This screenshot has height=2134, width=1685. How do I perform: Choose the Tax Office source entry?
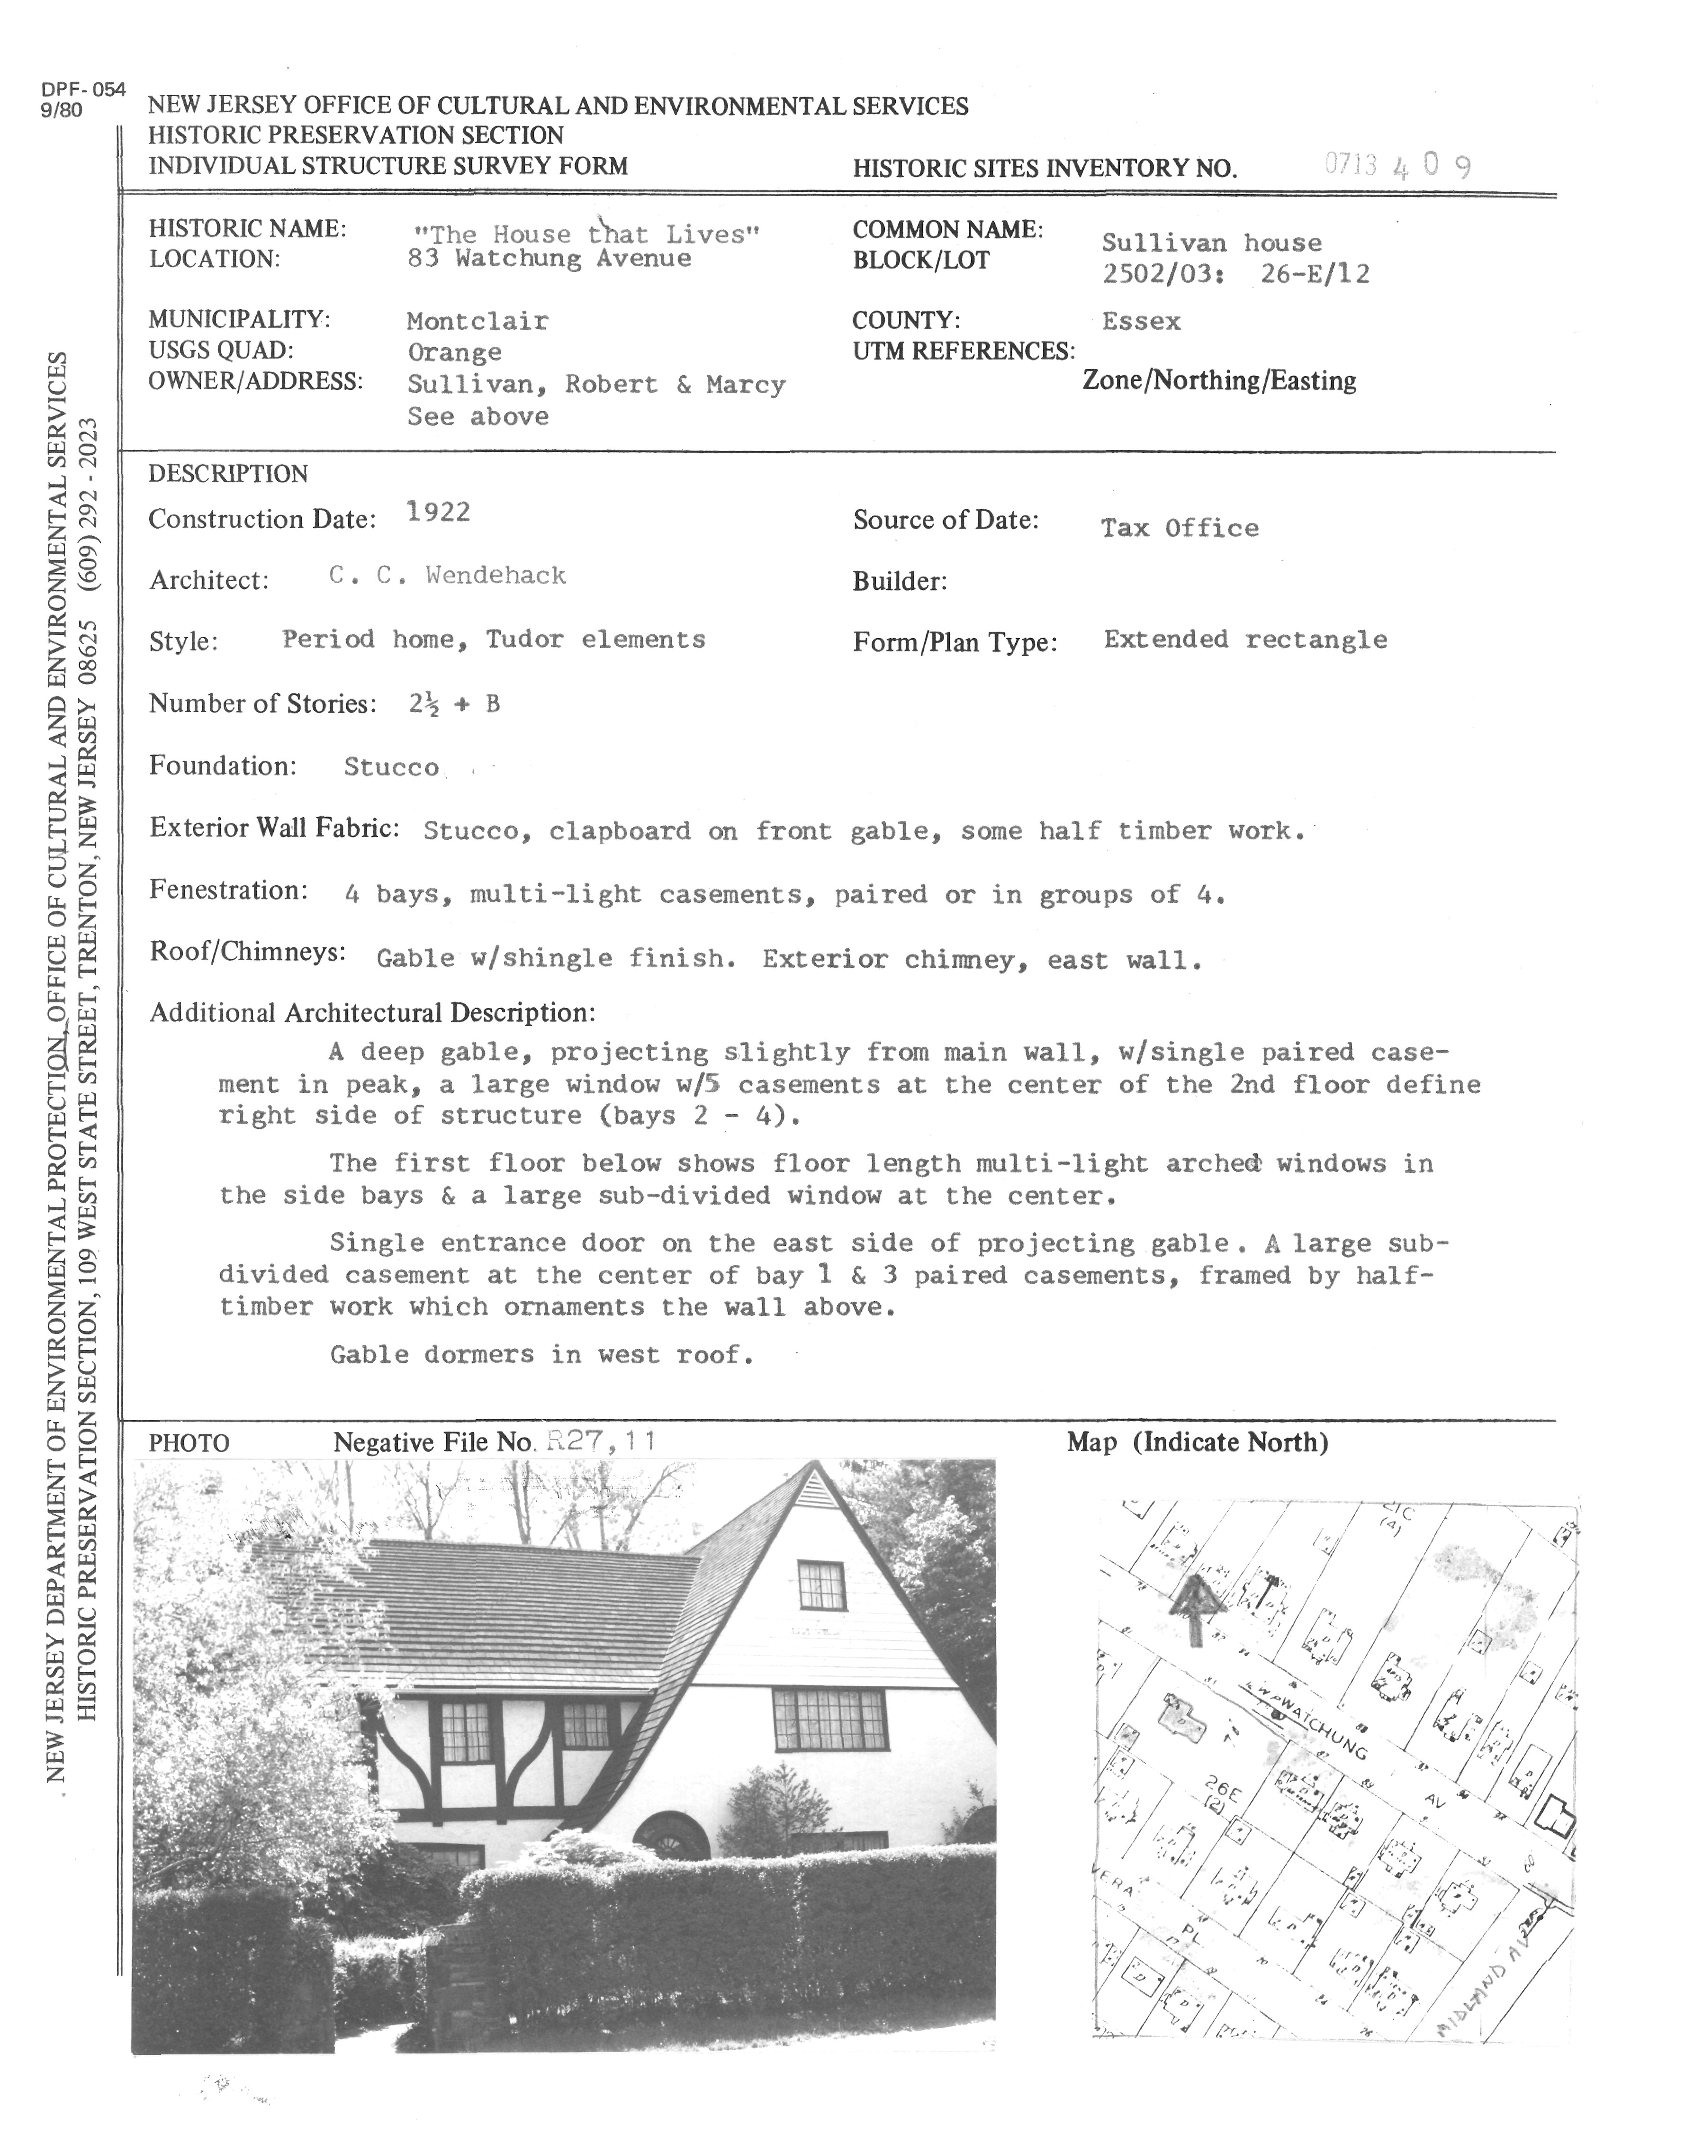[x=1180, y=528]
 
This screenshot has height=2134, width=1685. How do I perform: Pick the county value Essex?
[x=1142, y=321]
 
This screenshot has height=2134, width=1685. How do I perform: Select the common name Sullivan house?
[x=1211, y=243]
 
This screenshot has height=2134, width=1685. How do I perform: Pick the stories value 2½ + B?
[x=454, y=703]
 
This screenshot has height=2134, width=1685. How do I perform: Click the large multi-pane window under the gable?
[x=829, y=1719]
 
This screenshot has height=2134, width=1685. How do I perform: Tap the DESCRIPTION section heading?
[x=228, y=474]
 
